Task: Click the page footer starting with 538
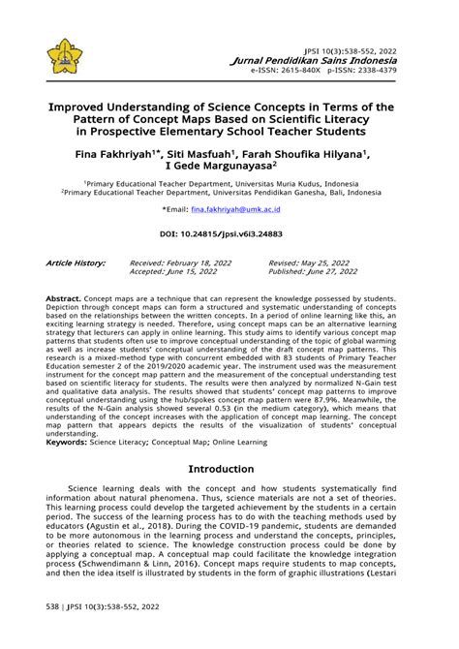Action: tap(102, 633)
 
